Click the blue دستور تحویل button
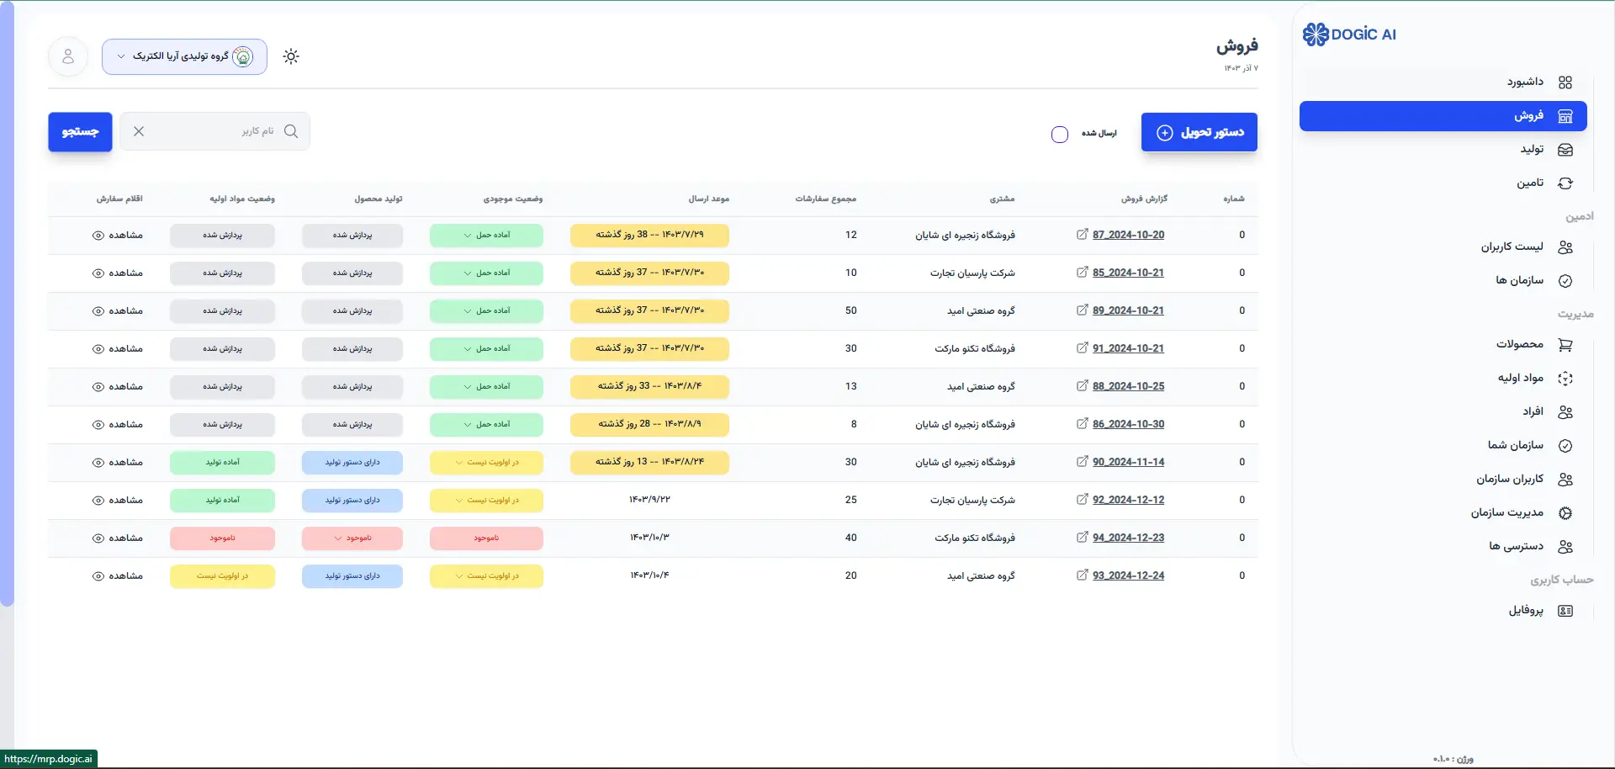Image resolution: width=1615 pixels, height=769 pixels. click(1199, 132)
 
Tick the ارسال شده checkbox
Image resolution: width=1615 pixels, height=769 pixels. click(1060, 135)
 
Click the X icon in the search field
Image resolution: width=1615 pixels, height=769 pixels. click(139, 131)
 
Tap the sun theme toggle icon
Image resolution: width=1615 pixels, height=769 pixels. click(291, 56)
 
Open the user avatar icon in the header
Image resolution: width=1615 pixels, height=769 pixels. click(68, 56)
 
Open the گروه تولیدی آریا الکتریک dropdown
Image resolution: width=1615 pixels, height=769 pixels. click(184, 56)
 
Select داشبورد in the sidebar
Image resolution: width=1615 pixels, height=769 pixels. click(1526, 82)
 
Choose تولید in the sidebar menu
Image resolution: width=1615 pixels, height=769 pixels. click(1532, 150)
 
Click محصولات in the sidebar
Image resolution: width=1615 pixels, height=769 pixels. click(1520, 345)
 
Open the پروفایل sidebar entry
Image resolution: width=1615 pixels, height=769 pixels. click(1526, 611)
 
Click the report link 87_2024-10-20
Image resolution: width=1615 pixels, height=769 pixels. click(1128, 235)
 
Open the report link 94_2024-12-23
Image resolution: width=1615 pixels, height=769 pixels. click(1128, 538)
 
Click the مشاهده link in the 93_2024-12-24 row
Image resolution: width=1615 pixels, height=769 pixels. click(118, 576)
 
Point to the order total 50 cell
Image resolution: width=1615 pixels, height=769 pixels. click(851, 310)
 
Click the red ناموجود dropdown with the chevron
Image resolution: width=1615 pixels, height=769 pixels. click(352, 538)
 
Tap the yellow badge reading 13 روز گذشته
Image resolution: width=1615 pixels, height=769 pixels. click(649, 462)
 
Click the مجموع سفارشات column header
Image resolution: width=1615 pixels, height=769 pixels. click(825, 199)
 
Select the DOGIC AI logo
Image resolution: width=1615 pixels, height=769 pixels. click(1349, 34)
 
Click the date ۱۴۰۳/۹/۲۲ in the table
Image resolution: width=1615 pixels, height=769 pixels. click(649, 500)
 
